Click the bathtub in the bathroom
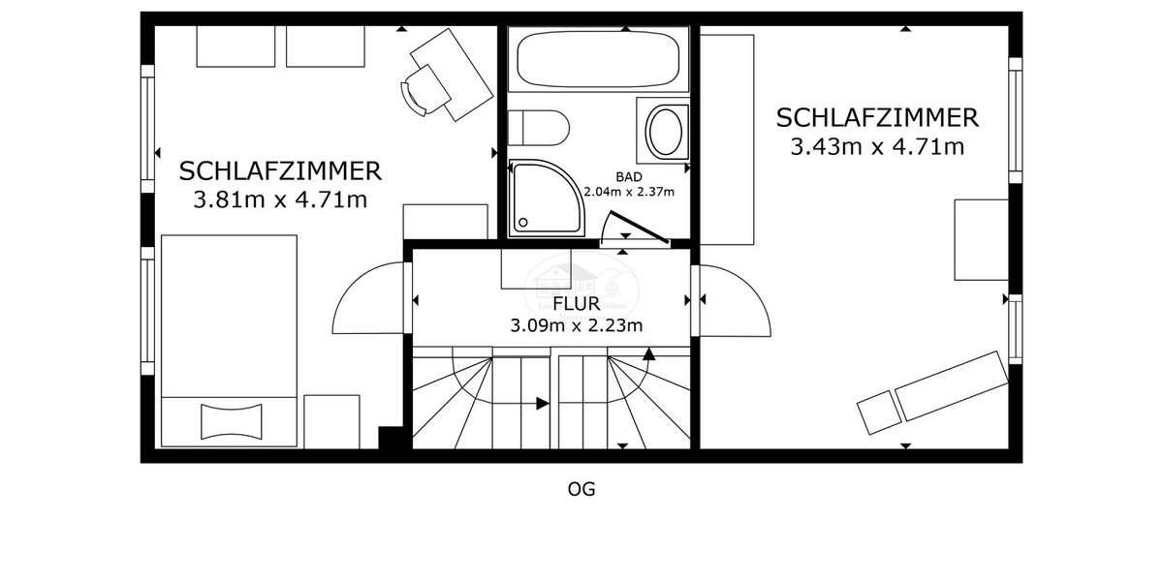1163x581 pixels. (x=597, y=60)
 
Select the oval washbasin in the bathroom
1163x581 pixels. (x=665, y=133)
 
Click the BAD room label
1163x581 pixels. (x=628, y=176)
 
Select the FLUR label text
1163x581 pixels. (x=576, y=304)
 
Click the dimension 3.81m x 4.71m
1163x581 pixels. (x=280, y=201)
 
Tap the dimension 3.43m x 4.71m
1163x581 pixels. (x=877, y=147)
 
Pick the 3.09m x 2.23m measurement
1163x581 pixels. (x=577, y=325)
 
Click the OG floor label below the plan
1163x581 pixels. (x=581, y=489)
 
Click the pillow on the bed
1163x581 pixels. (x=233, y=420)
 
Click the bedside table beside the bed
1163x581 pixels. (x=331, y=420)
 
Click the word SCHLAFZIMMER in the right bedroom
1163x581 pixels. (x=877, y=118)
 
